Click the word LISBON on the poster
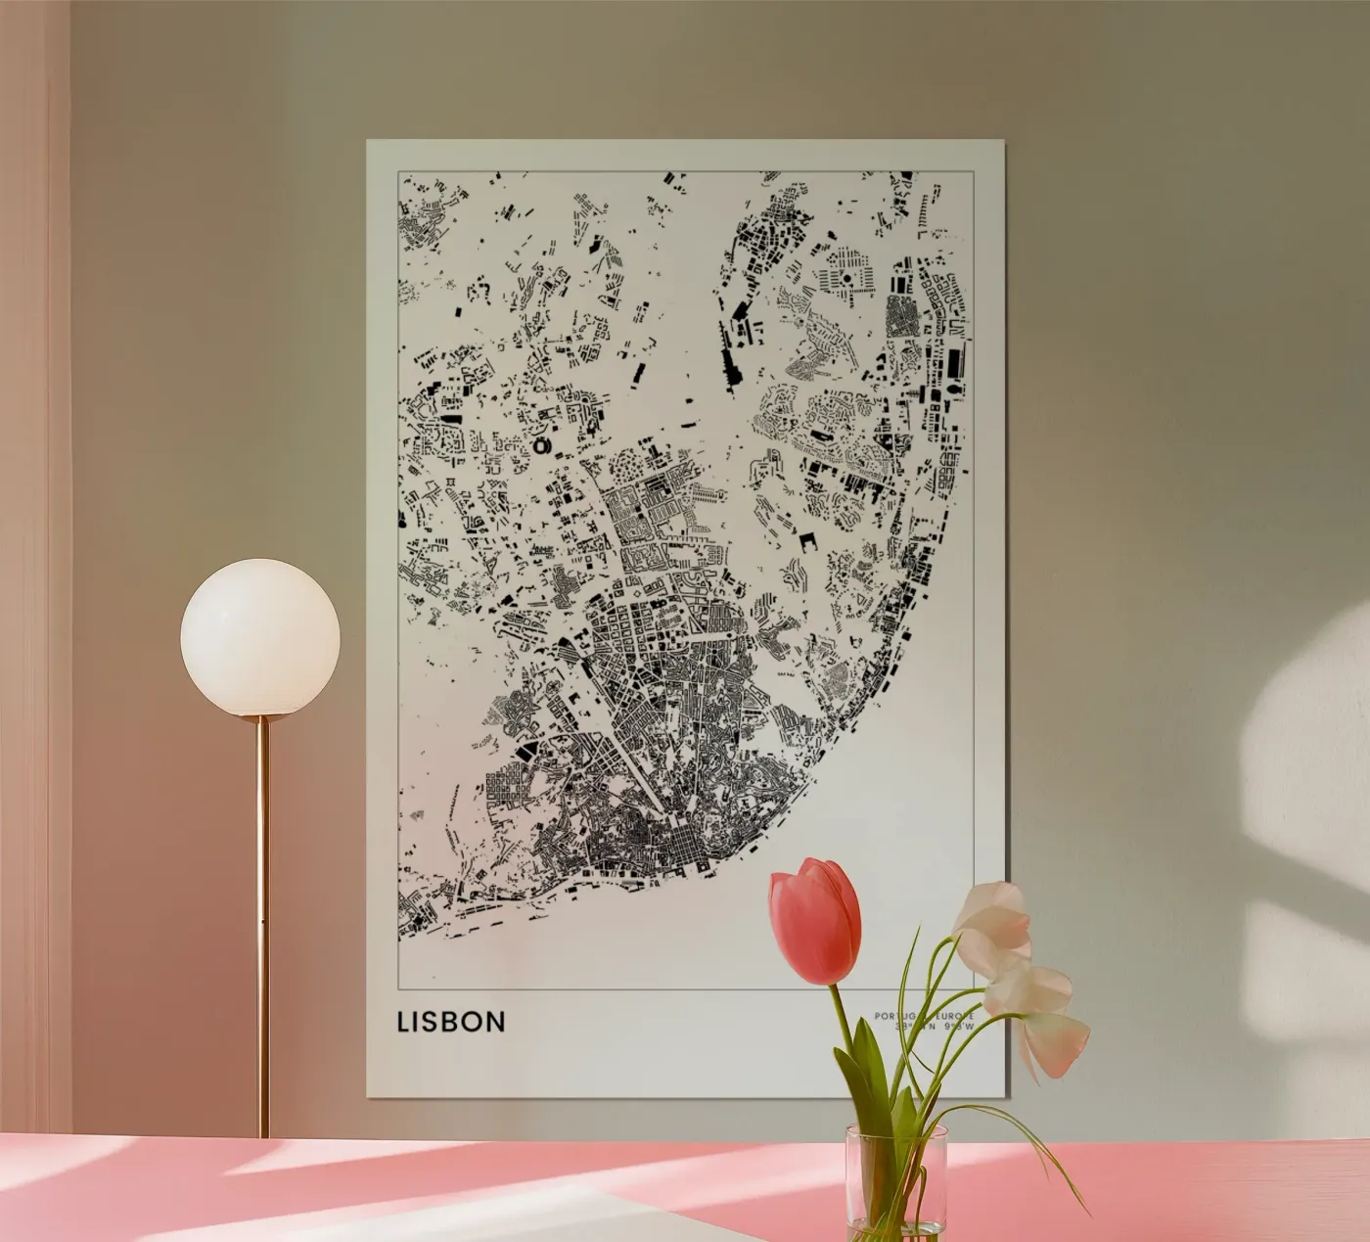coord(451,1022)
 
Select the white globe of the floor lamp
coord(260,637)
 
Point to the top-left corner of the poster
coord(368,141)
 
